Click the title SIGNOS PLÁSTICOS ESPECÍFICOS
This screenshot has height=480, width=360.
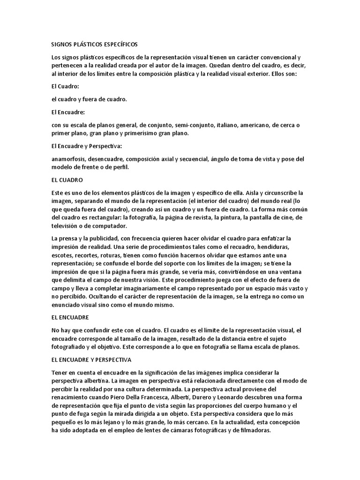point(94,45)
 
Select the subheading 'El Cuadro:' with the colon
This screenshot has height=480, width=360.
point(65,87)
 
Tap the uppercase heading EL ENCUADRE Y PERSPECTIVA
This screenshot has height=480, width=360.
point(91,360)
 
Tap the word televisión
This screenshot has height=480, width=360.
point(67,226)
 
